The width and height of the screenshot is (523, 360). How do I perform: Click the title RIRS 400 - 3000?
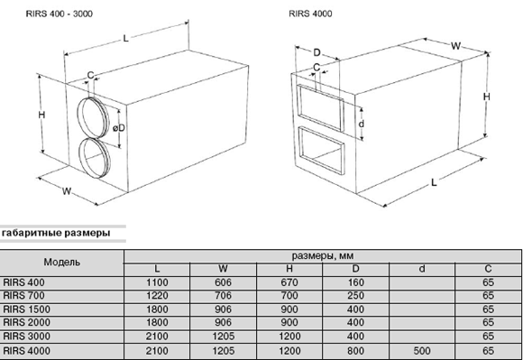point(59,14)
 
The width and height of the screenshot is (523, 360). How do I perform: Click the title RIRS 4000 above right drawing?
point(310,14)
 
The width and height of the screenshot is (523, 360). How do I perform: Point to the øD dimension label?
point(118,128)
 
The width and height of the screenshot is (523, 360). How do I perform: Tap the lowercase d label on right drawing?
point(362,124)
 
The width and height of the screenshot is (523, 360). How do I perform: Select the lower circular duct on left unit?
point(79,157)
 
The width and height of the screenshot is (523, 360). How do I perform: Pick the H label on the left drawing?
point(41,115)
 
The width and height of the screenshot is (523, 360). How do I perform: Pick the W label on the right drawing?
point(455,46)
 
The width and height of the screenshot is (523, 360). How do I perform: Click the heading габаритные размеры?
point(56,233)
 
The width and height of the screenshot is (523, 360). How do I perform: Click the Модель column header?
point(61,262)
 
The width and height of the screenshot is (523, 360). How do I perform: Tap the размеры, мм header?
point(323,256)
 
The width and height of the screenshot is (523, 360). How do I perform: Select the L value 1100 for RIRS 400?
point(157,282)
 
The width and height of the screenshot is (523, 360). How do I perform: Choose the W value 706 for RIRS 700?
point(223,296)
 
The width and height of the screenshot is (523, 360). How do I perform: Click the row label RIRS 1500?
point(27,309)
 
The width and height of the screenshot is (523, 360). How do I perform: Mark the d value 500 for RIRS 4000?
point(422,351)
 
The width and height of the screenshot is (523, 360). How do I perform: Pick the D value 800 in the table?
point(355,351)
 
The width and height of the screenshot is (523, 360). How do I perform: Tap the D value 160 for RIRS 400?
point(355,282)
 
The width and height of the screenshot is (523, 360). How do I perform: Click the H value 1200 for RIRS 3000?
point(289,336)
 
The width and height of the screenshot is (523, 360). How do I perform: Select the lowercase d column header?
point(422,269)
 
